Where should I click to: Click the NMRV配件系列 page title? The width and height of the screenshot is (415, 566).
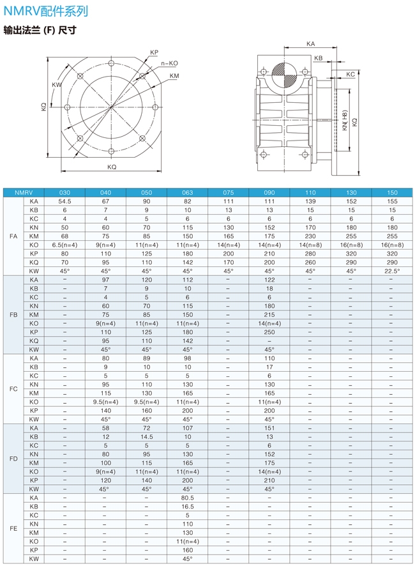[x=45, y=11]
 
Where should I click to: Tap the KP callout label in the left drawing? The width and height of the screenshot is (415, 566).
[x=154, y=52]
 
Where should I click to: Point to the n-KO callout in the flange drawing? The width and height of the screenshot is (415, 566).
[x=170, y=64]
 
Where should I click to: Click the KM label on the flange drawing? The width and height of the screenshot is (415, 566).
[x=174, y=76]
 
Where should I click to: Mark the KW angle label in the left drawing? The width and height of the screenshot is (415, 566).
[x=57, y=85]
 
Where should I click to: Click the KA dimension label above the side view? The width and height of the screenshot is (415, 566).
[x=310, y=44]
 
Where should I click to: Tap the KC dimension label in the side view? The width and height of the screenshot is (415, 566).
[x=350, y=75]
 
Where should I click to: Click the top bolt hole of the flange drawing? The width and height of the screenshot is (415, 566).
[x=112, y=63]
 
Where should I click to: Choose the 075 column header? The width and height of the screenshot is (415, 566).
[x=228, y=192]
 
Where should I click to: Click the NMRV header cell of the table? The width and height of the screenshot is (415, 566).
[x=24, y=192]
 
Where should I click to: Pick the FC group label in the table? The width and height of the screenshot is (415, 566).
[x=13, y=389]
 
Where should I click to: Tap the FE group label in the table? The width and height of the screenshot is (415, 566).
[x=13, y=528]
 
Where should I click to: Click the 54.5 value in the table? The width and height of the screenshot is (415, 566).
[x=64, y=201]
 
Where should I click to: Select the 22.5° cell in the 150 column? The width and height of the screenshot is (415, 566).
[x=392, y=271]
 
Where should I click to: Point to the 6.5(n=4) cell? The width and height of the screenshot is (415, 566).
[x=64, y=245]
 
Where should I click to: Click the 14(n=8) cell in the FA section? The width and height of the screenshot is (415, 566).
[x=310, y=245]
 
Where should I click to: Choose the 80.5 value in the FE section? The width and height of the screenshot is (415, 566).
[x=187, y=498]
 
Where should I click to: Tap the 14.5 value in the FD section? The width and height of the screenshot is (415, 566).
[x=146, y=436]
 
